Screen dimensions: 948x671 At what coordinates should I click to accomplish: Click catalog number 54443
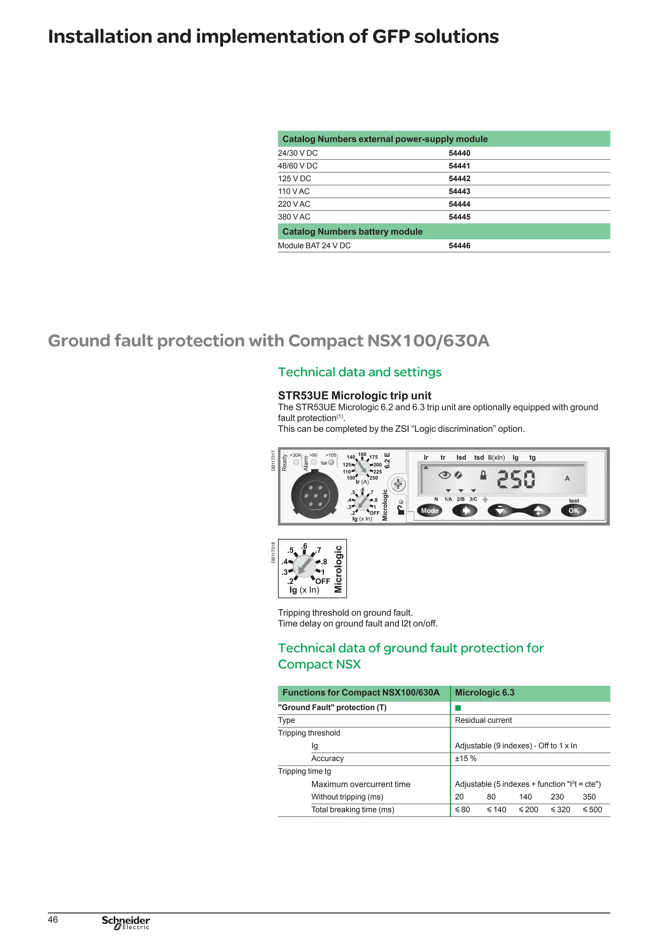(x=459, y=191)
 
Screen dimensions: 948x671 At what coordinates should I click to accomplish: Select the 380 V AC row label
(x=294, y=217)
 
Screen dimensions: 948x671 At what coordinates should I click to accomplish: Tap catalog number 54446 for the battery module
(x=459, y=246)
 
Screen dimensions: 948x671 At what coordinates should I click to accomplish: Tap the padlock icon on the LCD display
(x=483, y=475)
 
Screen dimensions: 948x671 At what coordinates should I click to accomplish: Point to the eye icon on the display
(x=444, y=475)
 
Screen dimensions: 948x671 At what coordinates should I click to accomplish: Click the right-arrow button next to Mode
(x=465, y=511)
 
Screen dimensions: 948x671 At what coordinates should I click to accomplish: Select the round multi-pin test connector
(x=315, y=495)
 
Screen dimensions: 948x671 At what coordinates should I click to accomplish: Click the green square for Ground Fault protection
(x=458, y=708)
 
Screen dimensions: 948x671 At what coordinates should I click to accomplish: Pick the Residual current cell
(x=483, y=720)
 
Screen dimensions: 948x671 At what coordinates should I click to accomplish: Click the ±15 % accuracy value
(x=466, y=758)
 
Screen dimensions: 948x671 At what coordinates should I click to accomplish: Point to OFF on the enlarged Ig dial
(x=323, y=581)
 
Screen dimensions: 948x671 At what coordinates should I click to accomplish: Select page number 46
(x=53, y=920)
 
